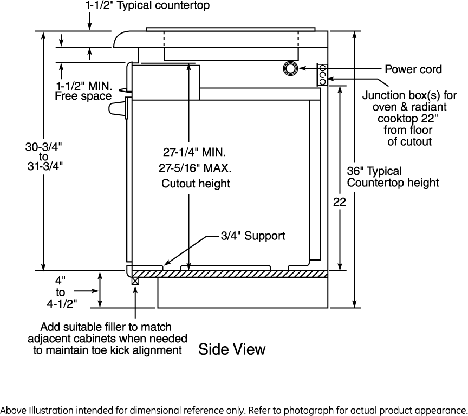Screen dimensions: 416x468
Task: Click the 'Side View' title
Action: [x=232, y=349]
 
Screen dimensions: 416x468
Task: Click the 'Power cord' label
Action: [x=413, y=69]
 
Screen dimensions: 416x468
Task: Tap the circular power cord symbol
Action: [x=290, y=68]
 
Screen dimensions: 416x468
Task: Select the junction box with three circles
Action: [x=322, y=75]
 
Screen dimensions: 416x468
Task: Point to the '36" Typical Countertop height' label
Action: [x=393, y=177]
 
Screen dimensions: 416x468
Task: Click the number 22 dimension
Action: [x=340, y=201]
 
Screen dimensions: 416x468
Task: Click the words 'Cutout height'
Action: [x=196, y=184]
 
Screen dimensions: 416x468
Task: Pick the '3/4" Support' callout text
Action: [x=252, y=236]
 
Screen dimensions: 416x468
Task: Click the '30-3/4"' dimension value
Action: [x=44, y=146]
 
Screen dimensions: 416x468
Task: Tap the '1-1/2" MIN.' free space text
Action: [x=84, y=86]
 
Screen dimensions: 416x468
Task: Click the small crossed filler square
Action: [x=135, y=281]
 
